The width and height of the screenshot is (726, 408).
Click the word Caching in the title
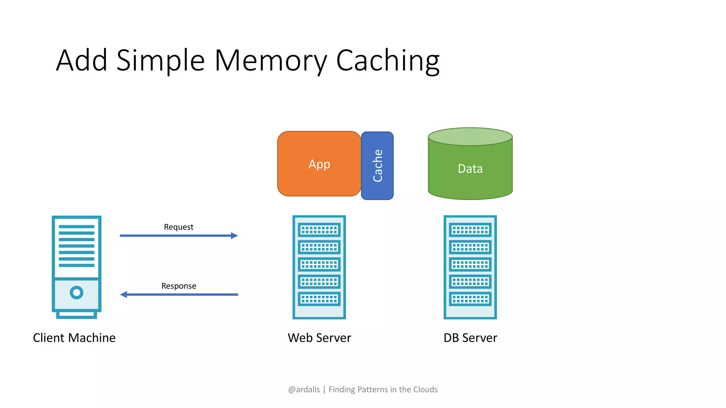tap(387, 61)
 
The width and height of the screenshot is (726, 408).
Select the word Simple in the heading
tap(160, 61)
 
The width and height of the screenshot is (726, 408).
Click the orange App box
tap(319, 164)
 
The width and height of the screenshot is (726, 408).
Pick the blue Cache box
tap(377, 165)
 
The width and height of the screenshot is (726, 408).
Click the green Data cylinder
tap(470, 169)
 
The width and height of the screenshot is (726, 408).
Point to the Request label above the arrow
tap(179, 227)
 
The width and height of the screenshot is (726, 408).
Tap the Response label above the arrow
tap(179, 286)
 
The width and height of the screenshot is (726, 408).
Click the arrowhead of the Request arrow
tap(234, 236)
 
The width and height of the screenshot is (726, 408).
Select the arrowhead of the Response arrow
tap(124, 294)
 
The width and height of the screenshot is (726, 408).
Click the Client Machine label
tap(74, 338)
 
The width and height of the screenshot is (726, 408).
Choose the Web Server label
tap(319, 338)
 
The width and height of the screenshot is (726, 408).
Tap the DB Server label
tap(470, 338)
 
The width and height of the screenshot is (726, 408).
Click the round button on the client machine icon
tap(77, 293)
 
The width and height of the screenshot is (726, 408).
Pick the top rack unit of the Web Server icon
tap(319, 230)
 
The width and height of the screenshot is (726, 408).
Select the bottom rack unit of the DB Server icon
tap(470, 299)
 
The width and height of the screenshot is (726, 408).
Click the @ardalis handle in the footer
tap(304, 390)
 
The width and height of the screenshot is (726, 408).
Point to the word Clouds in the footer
tap(425, 390)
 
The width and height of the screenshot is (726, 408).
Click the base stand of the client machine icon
tap(77, 314)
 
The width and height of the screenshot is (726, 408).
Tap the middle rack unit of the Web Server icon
tap(319, 264)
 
